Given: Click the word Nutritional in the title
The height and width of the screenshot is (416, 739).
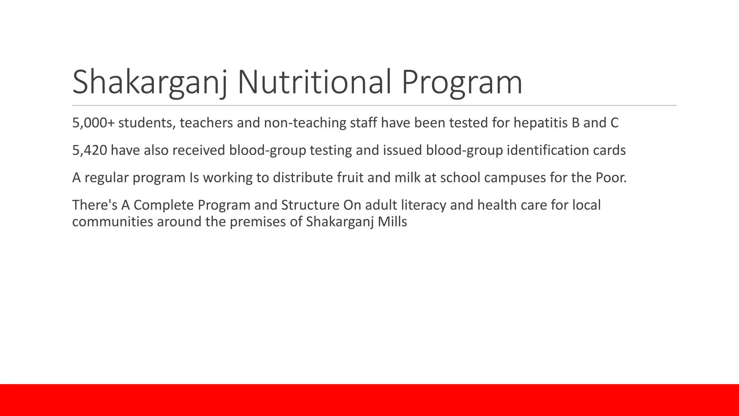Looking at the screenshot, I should point(314,82).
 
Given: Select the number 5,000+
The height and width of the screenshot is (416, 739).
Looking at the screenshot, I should point(93,123).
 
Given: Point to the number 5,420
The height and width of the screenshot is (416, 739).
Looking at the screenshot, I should point(89,150).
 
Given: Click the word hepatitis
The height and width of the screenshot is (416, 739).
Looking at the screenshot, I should point(541,123).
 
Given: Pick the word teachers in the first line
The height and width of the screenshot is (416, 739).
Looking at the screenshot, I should point(206,123).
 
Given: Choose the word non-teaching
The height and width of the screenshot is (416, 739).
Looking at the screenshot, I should point(305,123).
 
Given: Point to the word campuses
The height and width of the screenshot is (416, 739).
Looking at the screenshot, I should point(515,178).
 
